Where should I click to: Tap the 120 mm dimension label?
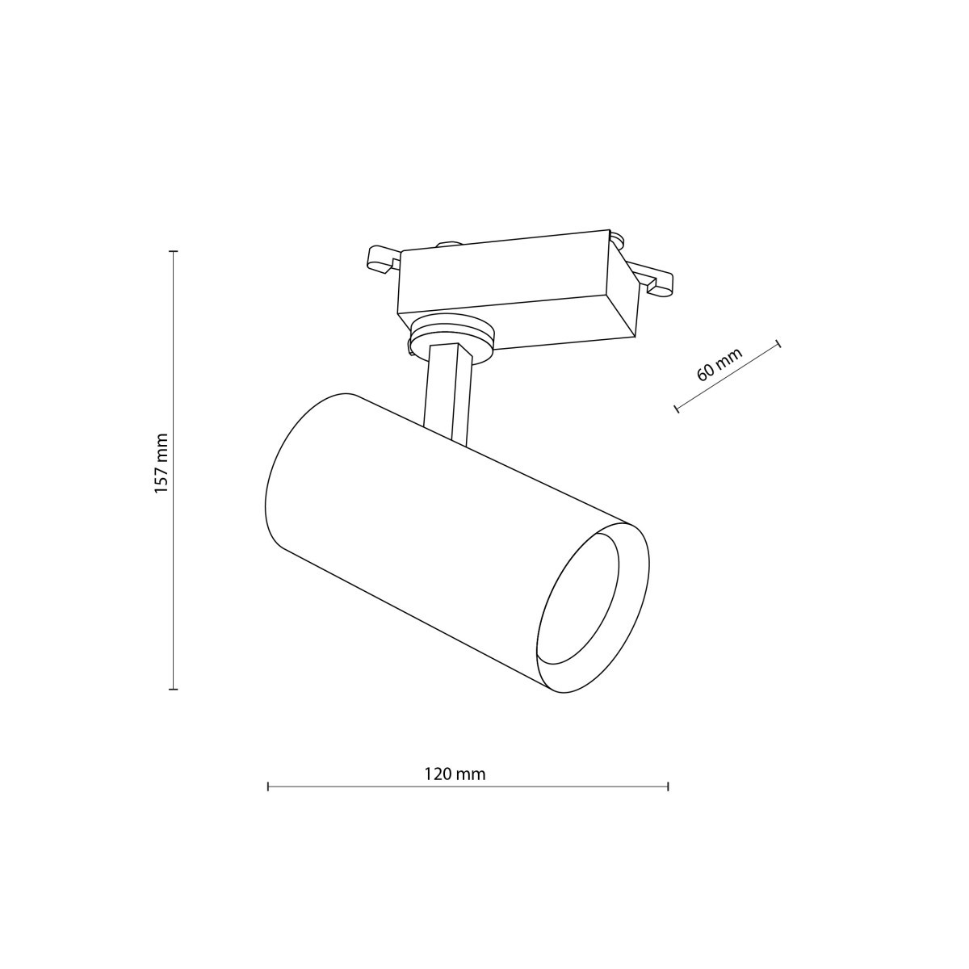pyautogui.click(x=455, y=774)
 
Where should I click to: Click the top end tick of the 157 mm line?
pyautogui.click(x=173, y=252)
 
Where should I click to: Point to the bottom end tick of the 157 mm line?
pyautogui.click(x=173, y=689)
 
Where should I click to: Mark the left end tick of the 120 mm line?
pyautogui.click(x=268, y=786)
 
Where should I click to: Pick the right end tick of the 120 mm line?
pyautogui.click(x=668, y=786)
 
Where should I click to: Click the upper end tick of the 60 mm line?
pyautogui.click(x=778, y=344)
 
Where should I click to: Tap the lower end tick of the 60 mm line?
pyautogui.click(x=677, y=409)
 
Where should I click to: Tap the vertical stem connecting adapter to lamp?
pyautogui.click(x=447, y=392)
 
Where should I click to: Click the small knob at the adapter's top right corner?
pyautogui.click(x=618, y=239)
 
